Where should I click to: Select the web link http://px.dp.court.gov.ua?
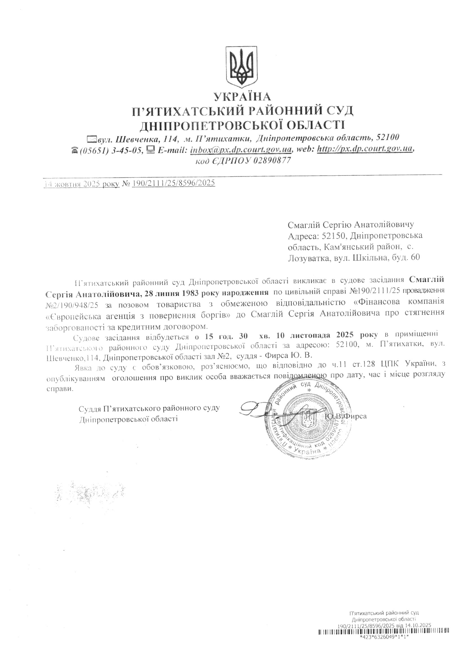point(365,149)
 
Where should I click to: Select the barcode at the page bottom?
point(383,638)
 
